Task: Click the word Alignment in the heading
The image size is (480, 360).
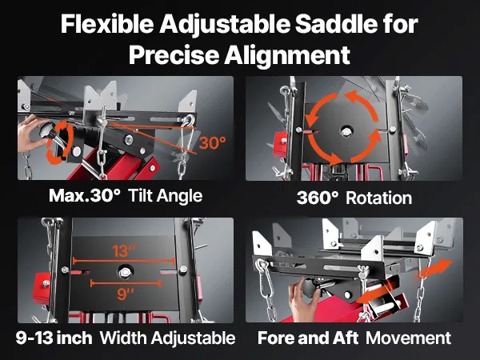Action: tap(287, 54)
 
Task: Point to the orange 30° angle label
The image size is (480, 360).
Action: tap(213, 142)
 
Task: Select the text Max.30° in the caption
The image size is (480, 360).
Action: tap(85, 195)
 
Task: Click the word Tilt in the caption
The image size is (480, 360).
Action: tap(140, 195)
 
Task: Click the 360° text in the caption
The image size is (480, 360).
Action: tap(318, 198)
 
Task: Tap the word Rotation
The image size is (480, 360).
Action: tap(378, 198)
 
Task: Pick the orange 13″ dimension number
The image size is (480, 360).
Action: tap(123, 251)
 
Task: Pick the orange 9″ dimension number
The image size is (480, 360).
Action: tap(126, 294)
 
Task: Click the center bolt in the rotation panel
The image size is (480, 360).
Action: tap(346, 132)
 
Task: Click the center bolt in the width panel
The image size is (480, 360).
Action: tap(126, 272)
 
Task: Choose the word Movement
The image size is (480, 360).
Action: tap(408, 338)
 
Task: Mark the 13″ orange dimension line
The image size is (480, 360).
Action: tap(124, 261)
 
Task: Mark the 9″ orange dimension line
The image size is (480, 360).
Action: tap(126, 283)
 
